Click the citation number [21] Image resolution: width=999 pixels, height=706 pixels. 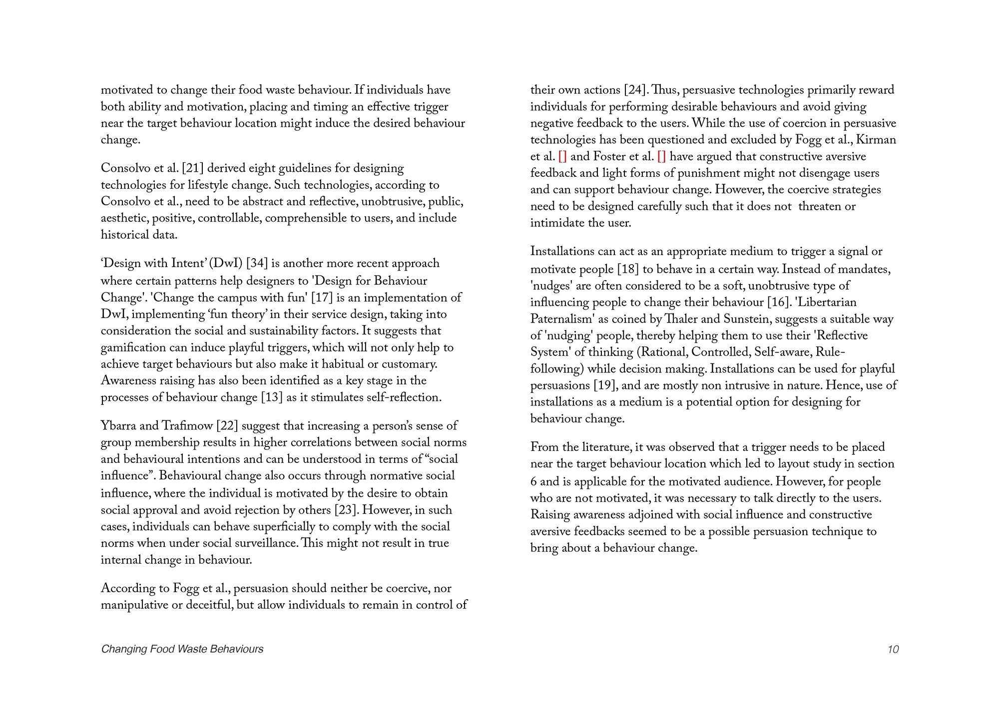193,169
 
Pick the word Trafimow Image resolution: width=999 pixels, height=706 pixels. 187,426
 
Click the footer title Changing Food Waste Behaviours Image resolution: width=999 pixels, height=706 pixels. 182,649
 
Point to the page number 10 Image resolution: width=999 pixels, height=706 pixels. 893,649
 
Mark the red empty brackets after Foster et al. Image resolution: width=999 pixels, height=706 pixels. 661,157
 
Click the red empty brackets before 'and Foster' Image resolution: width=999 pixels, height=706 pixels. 562,157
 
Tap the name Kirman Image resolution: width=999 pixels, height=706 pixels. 876,140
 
